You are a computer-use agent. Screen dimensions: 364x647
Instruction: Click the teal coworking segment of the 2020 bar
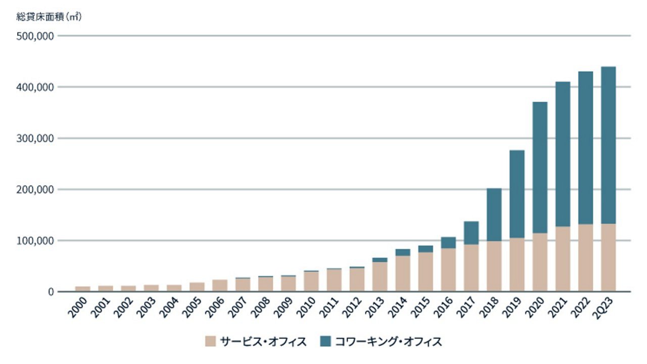click(540, 167)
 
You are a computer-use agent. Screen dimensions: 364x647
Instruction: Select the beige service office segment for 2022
click(585, 258)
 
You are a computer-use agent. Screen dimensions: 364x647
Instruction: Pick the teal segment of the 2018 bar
click(494, 215)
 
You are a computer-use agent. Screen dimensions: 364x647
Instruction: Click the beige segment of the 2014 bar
click(402, 273)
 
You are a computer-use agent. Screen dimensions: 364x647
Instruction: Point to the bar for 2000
click(83, 289)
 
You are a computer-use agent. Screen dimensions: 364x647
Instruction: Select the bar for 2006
click(220, 286)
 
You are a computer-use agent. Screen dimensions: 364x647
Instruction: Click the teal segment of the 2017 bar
click(471, 233)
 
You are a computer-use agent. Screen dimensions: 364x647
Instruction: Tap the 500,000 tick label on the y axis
click(35, 36)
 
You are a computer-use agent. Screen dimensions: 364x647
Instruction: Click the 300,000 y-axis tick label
click(35, 138)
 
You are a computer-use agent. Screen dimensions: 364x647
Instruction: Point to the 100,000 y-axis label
click(35, 240)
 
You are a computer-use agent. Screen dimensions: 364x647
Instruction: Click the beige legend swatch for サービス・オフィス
click(210, 341)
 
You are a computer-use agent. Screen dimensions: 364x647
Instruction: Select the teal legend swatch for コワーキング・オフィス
click(326, 341)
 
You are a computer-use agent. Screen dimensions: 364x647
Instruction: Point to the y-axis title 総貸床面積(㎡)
click(49, 17)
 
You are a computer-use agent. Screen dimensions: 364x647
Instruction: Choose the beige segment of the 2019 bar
click(517, 265)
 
